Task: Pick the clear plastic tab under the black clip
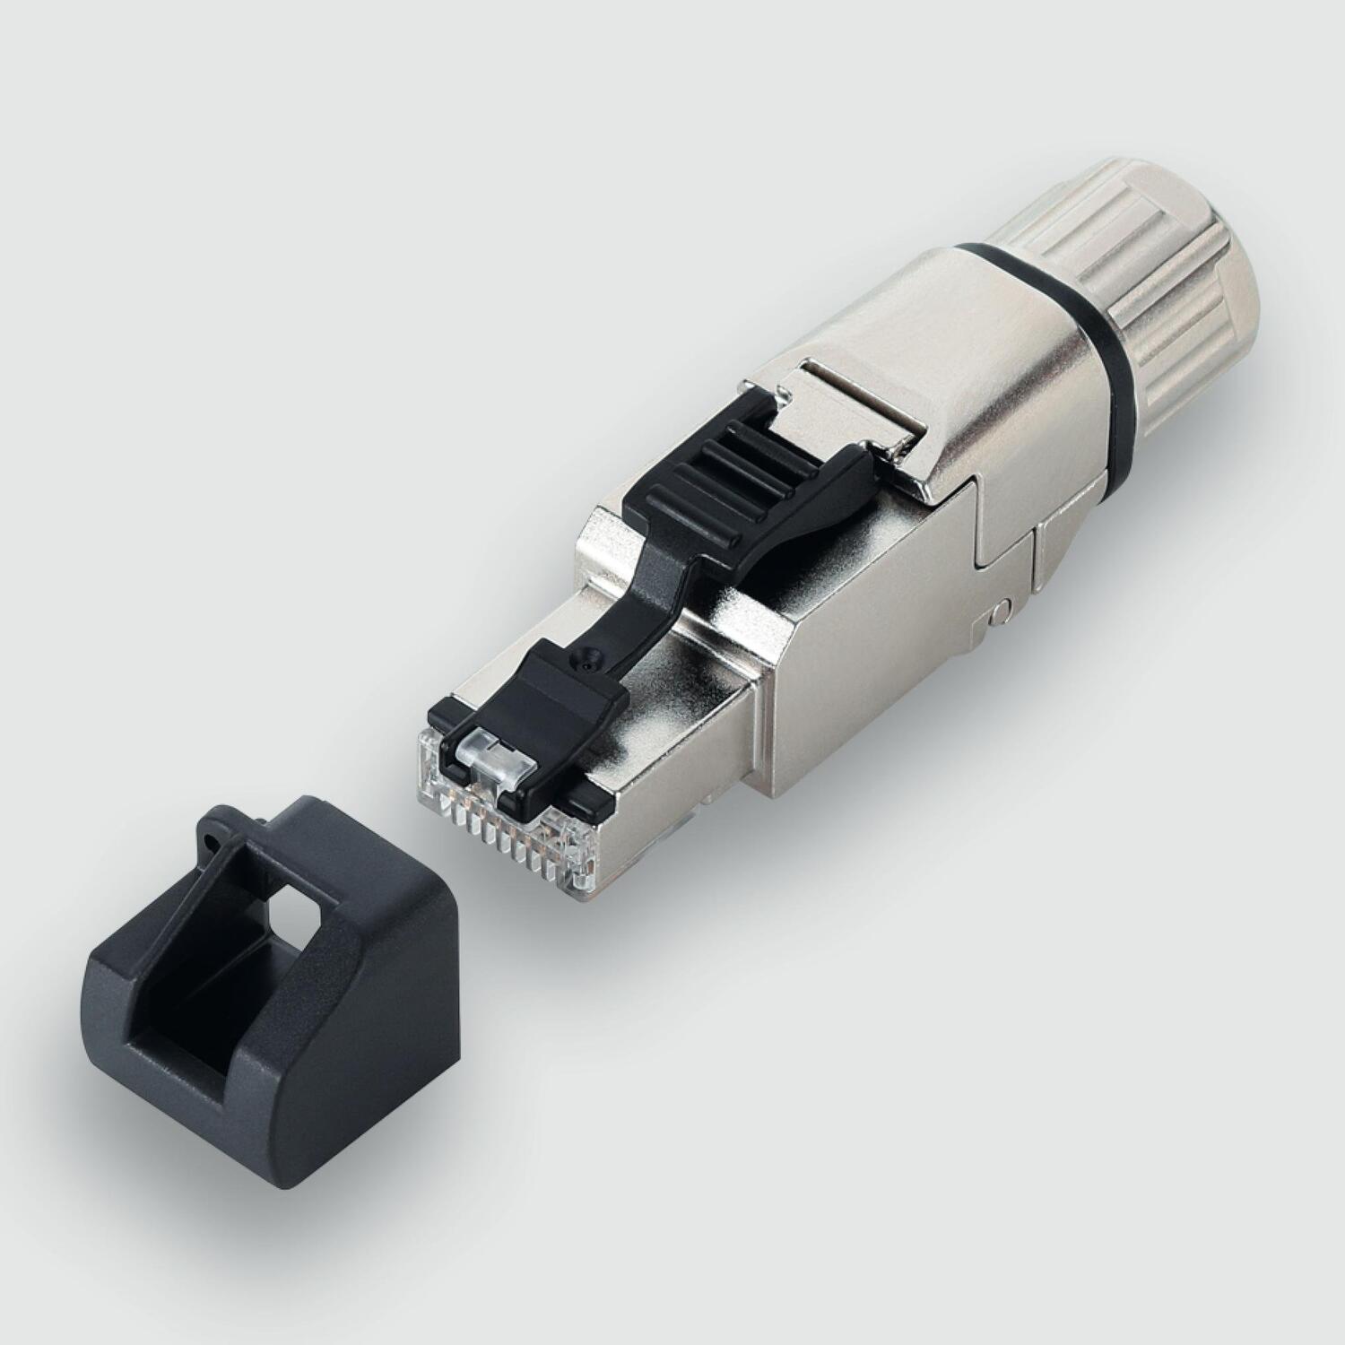tap(489, 758)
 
